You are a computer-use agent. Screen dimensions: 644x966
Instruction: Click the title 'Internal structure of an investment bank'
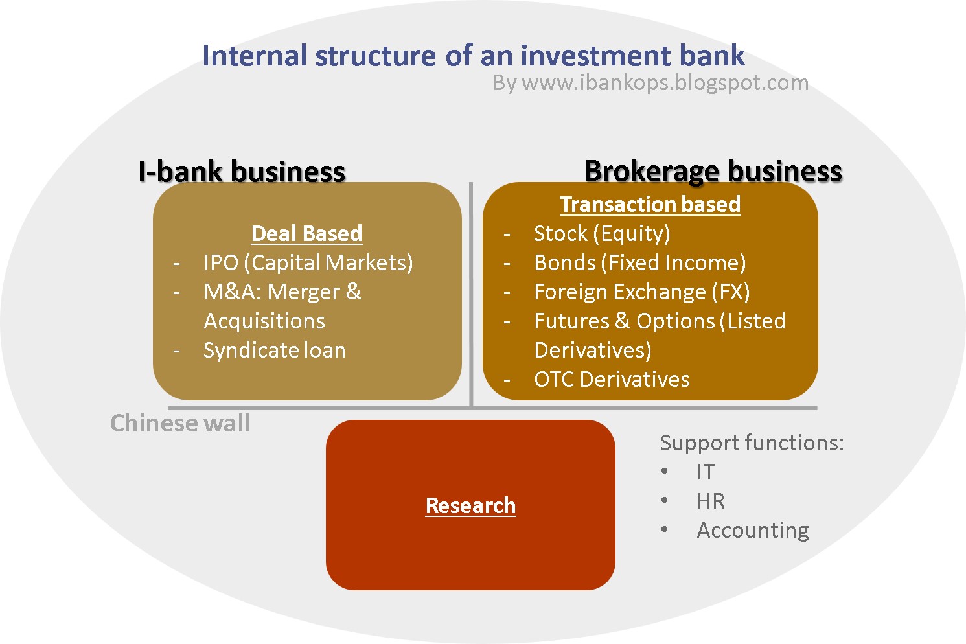coord(473,56)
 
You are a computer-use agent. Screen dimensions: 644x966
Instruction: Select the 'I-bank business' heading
coord(242,172)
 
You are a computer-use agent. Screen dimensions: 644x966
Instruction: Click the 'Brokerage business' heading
coord(713,171)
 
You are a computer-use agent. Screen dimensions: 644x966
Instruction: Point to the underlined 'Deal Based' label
coord(306,233)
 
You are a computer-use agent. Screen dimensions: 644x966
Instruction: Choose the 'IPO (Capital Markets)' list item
coord(308,262)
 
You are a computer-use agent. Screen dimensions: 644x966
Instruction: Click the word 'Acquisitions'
coord(264,321)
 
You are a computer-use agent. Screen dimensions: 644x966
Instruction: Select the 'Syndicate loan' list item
coord(274,350)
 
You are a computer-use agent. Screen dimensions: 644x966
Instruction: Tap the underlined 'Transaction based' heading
coord(650,204)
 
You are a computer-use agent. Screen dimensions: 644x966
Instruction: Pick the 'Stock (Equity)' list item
coord(601,233)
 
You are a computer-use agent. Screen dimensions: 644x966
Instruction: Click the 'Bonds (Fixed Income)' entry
coord(639,262)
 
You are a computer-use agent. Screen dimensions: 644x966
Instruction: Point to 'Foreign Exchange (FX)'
coord(641,292)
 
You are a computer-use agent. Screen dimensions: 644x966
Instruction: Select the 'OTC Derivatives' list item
coord(612,379)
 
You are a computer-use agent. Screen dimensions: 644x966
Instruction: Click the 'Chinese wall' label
coord(179,423)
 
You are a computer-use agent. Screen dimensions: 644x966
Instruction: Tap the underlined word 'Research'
coord(470,505)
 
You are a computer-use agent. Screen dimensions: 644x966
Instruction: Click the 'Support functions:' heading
coord(752,443)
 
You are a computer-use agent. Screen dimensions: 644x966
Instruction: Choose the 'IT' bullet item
coord(705,472)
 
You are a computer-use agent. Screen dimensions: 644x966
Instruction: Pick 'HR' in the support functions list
coord(710,501)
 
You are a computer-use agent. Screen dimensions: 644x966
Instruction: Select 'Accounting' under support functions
coord(752,530)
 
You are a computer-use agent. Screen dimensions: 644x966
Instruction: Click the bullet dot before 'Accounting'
coord(665,529)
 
